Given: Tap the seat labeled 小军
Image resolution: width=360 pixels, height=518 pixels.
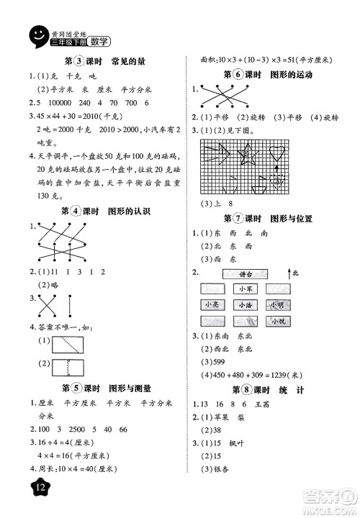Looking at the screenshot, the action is (243, 289).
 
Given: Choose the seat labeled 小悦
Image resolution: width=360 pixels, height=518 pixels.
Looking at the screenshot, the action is (279, 321).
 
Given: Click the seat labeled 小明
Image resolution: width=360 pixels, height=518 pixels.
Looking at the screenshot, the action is (278, 305).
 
